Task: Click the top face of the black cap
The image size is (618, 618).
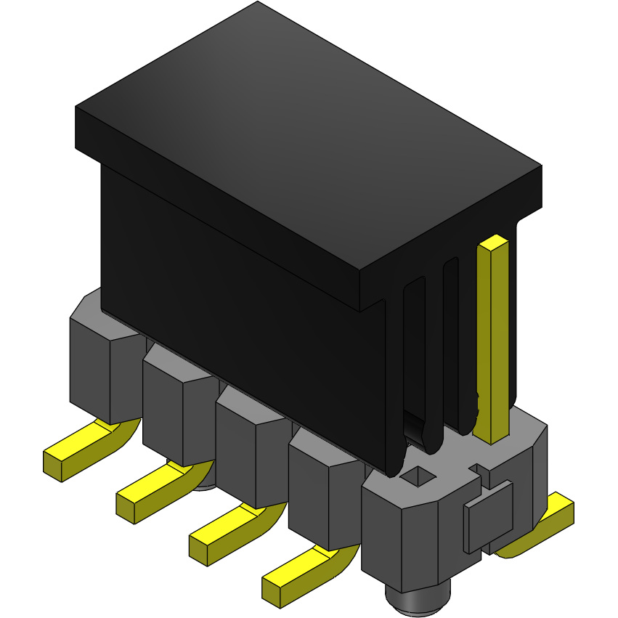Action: pyautogui.click(x=305, y=138)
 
